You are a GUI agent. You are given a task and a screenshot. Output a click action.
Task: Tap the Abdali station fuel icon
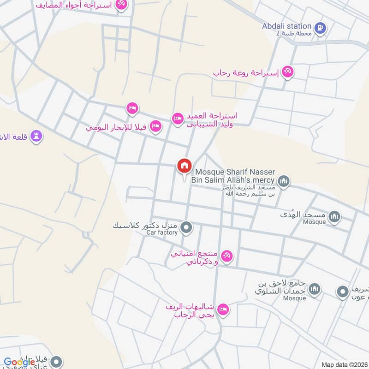coord(321,27)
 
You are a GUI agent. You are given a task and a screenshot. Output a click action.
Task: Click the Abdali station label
coord(286,26)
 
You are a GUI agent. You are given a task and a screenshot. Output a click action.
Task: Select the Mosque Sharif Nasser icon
coord(284,180)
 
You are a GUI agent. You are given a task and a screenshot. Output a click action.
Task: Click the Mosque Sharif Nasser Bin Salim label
coord(235,175)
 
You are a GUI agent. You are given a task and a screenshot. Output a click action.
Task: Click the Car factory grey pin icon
coord(186,227)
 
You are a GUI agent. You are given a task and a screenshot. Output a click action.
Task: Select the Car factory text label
coord(162,233)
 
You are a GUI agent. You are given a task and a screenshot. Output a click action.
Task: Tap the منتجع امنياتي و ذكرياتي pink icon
coord(226,256)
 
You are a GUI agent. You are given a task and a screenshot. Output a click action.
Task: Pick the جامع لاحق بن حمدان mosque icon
coord(315,289)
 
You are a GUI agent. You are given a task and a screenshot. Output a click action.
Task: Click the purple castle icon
coord(36,136)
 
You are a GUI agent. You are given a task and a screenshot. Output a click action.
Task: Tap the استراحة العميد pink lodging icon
coord(178,119)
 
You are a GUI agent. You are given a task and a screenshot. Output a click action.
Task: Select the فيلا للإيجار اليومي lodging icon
coord(156,126)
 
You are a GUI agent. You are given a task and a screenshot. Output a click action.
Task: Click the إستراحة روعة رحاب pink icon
coord(288,72)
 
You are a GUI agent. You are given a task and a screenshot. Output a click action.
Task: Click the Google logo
coord(19,362)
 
